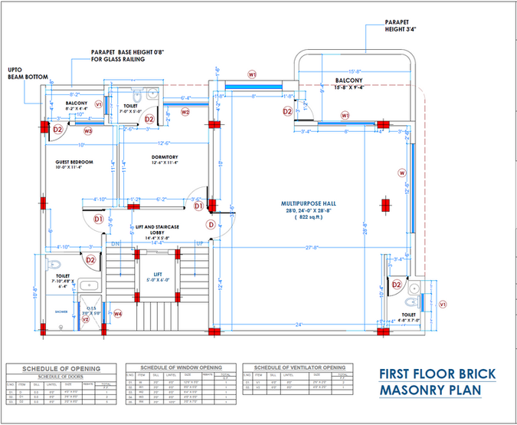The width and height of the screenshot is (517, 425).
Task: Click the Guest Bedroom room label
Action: coord(74,163)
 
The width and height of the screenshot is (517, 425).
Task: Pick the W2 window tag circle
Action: coord(185,112)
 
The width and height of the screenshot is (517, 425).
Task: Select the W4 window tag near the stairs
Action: coord(118,313)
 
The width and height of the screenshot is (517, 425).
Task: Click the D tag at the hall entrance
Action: coord(210,225)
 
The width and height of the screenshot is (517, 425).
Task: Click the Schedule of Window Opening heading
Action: coord(179,368)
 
